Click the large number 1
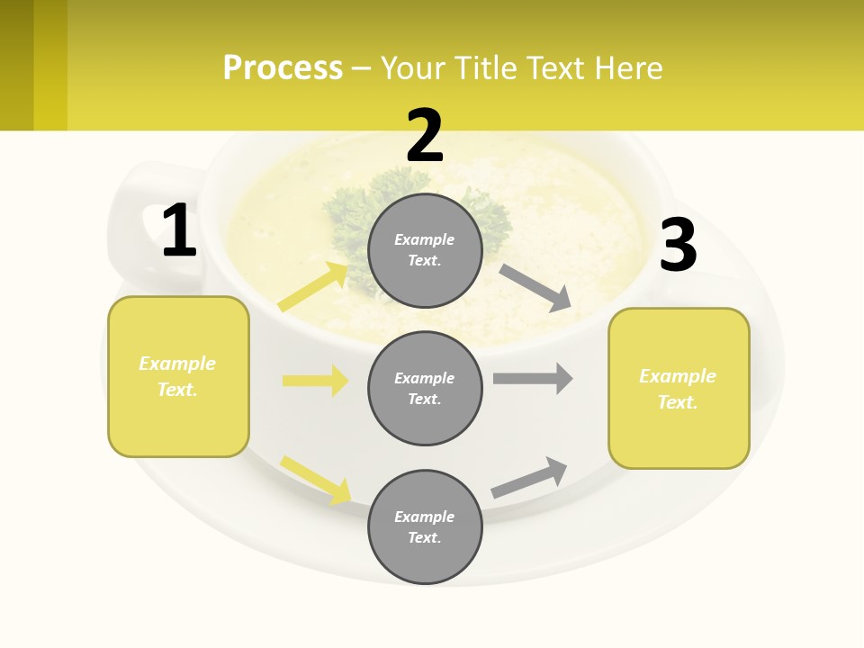click(x=179, y=231)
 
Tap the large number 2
click(x=425, y=137)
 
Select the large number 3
click(x=678, y=246)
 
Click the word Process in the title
click(x=283, y=67)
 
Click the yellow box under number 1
click(x=178, y=376)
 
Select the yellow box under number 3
click(x=679, y=389)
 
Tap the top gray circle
click(x=425, y=250)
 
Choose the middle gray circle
click(x=425, y=388)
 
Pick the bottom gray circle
click(x=425, y=526)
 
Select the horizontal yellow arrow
click(x=316, y=381)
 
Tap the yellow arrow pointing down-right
click(x=316, y=480)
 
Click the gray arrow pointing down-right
click(x=535, y=288)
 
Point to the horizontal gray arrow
click(x=533, y=378)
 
